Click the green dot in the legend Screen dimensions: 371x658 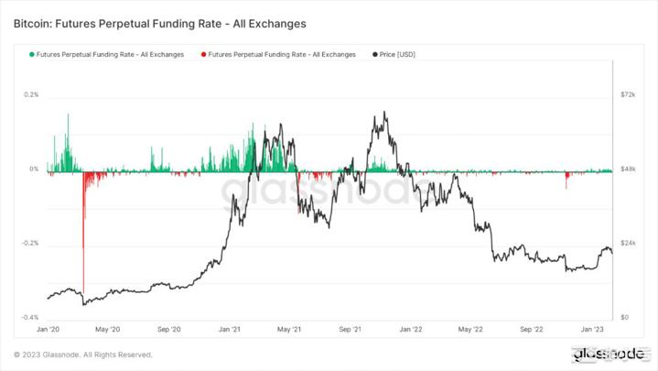click(x=32, y=55)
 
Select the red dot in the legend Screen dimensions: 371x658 click(x=203, y=55)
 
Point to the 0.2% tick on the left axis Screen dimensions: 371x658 click(x=32, y=95)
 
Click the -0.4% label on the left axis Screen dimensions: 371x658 click(x=31, y=317)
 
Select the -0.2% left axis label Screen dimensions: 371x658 click(x=31, y=243)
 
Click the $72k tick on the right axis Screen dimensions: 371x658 click(x=628, y=95)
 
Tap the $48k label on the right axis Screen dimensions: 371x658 click(x=628, y=169)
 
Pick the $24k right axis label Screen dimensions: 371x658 click(x=628, y=243)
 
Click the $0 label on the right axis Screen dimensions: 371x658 click(x=624, y=317)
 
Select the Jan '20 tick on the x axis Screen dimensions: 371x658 click(x=48, y=328)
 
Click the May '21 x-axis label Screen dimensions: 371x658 click(x=289, y=328)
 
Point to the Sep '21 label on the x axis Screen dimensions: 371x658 click(x=351, y=328)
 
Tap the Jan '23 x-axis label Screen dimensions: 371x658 click(x=592, y=328)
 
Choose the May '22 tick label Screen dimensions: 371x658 click(x=470, y=328)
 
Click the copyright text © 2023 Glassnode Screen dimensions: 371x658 click(x=82, y=355)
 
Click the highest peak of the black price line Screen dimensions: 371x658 click(x=385, y=113)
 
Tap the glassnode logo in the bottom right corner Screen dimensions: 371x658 click(x=608, y=354)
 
